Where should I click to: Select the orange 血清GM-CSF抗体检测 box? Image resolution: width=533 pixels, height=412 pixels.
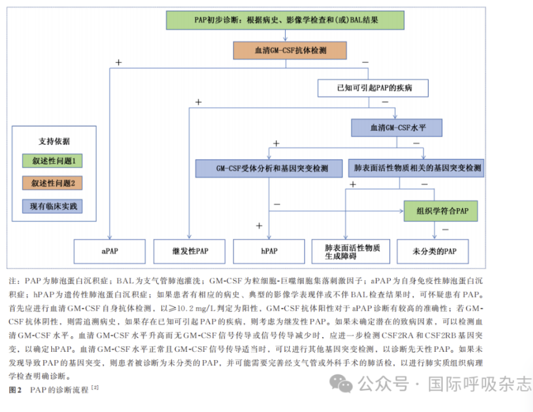(290, 51)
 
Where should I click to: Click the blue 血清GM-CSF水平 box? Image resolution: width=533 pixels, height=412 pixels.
(397, 128)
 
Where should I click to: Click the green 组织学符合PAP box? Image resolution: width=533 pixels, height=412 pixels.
(441, 210)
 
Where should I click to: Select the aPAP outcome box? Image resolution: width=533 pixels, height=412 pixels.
(110, 251)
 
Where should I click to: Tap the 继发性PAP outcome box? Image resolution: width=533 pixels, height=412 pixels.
(190, 251)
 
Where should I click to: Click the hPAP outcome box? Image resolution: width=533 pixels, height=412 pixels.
(270, 251)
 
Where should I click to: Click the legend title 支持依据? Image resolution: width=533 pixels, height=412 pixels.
(54, 141)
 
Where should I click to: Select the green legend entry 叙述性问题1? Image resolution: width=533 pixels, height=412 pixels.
(53, 161)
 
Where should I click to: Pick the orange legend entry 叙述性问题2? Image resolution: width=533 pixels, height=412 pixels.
(53, 183)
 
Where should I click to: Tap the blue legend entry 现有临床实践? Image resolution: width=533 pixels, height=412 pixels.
(53, 206)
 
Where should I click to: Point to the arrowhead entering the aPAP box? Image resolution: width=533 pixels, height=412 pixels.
(110, 237)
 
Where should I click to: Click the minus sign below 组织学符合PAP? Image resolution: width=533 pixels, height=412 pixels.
(445, 229)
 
